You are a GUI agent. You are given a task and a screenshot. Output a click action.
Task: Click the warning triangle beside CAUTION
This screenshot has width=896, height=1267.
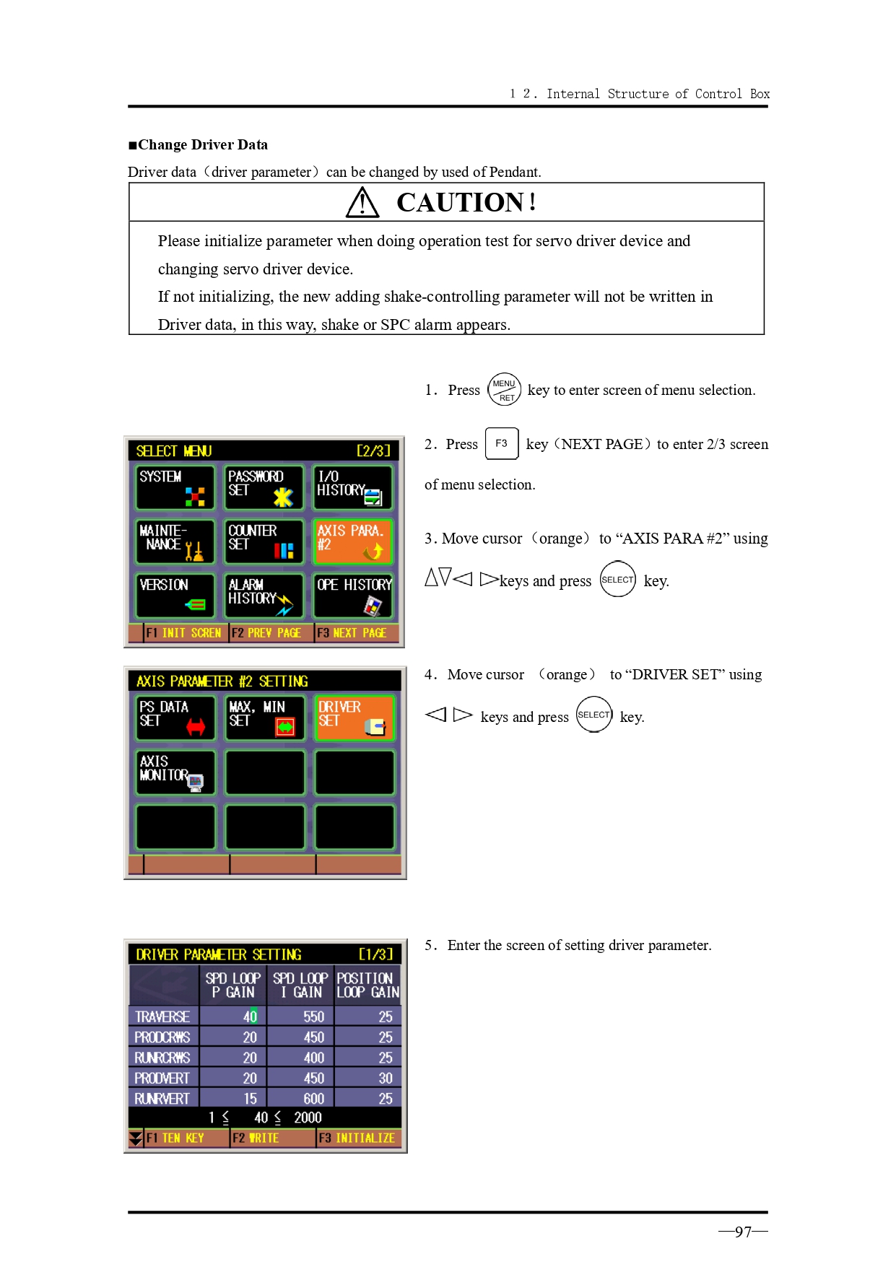362,202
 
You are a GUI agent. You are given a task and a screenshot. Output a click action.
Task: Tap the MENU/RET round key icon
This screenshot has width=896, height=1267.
504,390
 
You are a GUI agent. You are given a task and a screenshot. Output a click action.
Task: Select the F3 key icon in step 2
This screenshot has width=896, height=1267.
502,443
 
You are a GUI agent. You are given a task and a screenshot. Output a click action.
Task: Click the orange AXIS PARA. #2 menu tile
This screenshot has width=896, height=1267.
353,541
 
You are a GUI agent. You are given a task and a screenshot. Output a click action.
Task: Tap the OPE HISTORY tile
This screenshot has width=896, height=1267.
353,596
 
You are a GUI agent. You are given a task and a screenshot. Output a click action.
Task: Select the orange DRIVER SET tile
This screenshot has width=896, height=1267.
355,718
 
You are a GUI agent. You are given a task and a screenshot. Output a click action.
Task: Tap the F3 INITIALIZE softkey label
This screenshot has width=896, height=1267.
357,1138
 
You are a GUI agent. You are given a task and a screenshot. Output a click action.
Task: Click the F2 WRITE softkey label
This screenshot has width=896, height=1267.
256,1138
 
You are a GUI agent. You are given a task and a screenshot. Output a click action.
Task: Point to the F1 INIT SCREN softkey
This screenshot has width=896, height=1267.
184,633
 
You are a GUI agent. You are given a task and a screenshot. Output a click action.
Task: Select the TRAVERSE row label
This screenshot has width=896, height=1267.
163,1016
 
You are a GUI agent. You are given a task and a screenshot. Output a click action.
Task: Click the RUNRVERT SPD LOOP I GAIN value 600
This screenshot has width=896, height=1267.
313,1098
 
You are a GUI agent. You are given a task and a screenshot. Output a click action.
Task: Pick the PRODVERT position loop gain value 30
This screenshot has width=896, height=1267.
385,1078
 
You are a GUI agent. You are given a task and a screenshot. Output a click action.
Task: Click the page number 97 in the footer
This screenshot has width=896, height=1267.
743,1232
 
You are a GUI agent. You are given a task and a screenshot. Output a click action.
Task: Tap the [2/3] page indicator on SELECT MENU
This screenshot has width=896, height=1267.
373,451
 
